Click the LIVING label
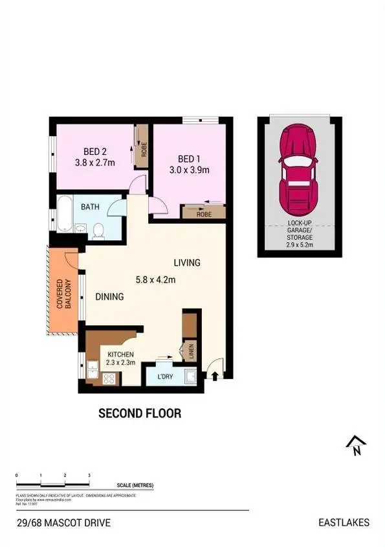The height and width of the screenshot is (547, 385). click(x=187, y=263)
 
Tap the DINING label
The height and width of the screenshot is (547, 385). click(x=109, y=297)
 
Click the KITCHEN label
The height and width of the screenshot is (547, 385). click(x=120, y=355)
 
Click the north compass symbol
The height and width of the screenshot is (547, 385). click(x=356, y=446)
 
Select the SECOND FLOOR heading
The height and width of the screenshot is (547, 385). click(x=139, y=413)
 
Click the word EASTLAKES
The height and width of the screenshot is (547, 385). click(x=344, y=522)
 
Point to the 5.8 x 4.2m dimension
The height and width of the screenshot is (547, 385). click(x=156, y=280)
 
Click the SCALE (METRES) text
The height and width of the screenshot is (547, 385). click(x=135, y=485)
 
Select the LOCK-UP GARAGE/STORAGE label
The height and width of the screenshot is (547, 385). click(x=300, y=234)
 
